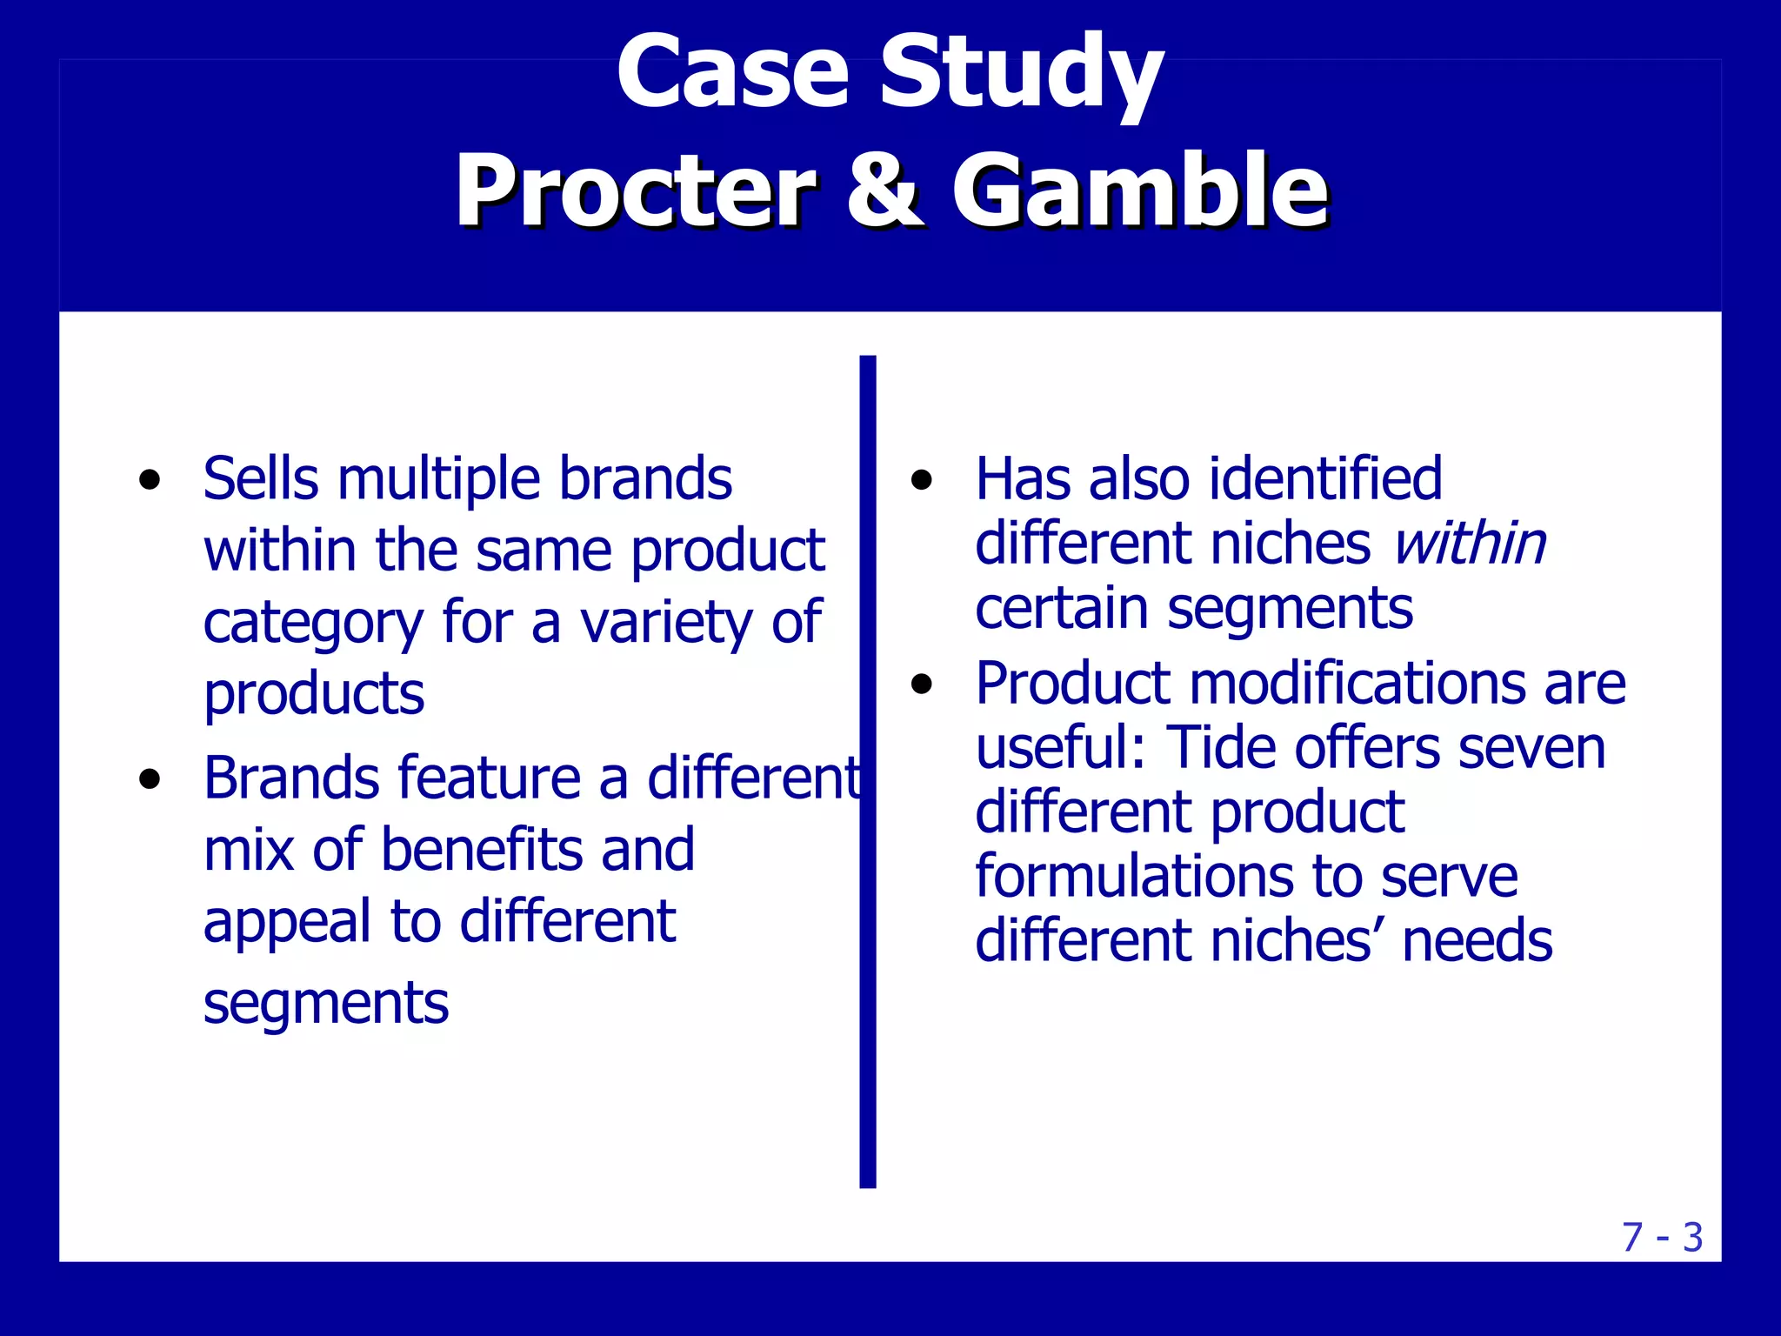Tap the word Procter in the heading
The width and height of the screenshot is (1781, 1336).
[636, 190]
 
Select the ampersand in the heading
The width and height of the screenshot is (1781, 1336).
[884, 190]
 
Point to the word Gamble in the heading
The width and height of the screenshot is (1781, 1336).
[1139, 190]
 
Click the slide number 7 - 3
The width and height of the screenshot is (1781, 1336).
[1662, 1237]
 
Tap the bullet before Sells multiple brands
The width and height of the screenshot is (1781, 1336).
[150, 480]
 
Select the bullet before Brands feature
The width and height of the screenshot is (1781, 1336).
[150, 778]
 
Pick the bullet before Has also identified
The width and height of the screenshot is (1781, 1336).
[922, 480]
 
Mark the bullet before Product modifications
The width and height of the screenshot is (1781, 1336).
[922, 685]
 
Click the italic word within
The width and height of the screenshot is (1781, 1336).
[1469, 544]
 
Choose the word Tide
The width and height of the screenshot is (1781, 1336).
[1219, 747]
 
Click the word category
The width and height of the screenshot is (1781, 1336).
[313, 624]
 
